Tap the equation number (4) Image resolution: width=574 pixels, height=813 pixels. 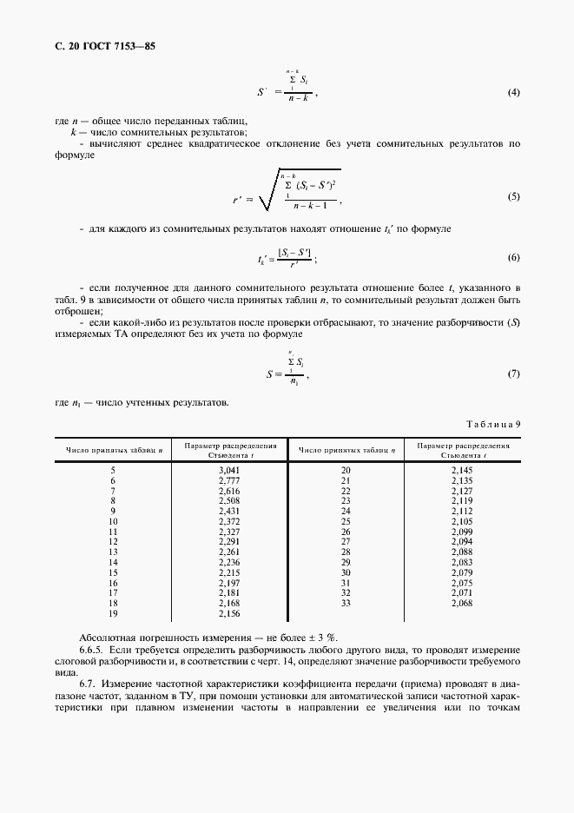(x=512, y=92)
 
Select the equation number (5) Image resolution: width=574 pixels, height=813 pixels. (x=512, y=197)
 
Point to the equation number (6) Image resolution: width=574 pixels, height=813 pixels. (x=512, y=258)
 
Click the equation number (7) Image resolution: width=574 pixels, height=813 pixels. (x=512, y=373)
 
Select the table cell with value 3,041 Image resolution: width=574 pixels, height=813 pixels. (x=229, y=469)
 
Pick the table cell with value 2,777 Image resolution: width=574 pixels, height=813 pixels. (x=229, y=479)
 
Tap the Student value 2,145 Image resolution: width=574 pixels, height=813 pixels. (x=461, y=469)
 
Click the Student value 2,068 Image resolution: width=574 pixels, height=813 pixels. (x=461, y=603)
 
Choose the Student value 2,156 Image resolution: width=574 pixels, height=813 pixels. (x=229, y=613)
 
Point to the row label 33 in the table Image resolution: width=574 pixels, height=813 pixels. (x=346, y=603)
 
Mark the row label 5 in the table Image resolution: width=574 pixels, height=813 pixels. (x=112, y=469)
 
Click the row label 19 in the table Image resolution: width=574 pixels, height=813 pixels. (x=112, y=613)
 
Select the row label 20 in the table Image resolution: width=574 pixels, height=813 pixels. (x=346, y=469)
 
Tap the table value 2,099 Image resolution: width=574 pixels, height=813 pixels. (x=461, y=531)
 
